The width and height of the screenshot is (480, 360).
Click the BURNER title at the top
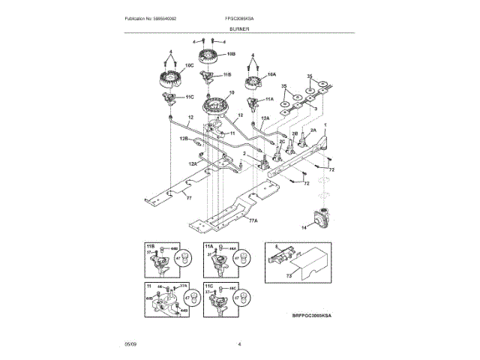(x=240, y=28)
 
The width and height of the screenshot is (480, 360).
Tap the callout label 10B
(x=230, y=54)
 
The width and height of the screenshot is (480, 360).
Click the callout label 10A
(x=271, y=75)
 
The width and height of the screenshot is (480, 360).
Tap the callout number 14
(x=304, y=226)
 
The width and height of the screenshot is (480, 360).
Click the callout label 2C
(x=283, y=141)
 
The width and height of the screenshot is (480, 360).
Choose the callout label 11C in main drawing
(x=190, y=97)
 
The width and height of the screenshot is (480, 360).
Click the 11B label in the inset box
(x=149, y=246)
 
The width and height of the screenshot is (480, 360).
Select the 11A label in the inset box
(x=209, y=246)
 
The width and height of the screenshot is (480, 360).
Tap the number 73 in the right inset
(x=289, y=276)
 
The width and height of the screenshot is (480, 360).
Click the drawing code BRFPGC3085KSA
(x=311, y=316)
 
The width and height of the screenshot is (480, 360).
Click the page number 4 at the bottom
(x=239, y=344)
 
